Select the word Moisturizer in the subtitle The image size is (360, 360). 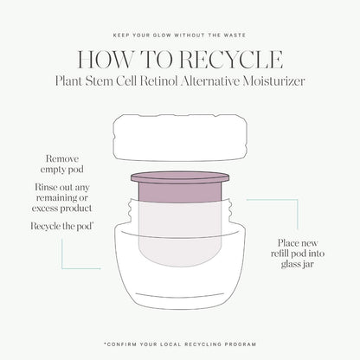[273, 81]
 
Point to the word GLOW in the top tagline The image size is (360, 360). [161, 35]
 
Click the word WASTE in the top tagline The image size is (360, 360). [235, 35]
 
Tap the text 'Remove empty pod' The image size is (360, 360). [62, 164]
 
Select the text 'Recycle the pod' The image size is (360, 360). [61, 226]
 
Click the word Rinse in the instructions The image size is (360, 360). [45, 187]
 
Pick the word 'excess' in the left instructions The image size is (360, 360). [43, 209]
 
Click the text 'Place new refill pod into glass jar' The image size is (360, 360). [298, 254]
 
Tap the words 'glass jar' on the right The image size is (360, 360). [298, 264]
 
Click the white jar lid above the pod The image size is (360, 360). [181, 138]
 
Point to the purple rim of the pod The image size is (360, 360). [180, 177]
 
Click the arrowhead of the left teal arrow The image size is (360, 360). [100, 268]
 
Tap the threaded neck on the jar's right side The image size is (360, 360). [229, 210]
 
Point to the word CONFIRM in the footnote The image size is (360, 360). [121, 344]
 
